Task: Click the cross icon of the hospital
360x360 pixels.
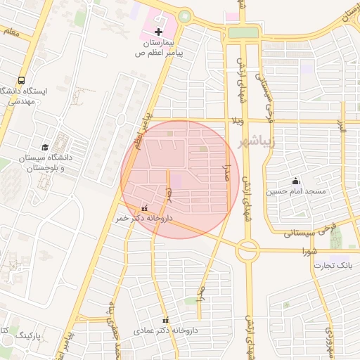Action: [159, 32]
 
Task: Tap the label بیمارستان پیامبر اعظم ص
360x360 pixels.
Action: [159, 48]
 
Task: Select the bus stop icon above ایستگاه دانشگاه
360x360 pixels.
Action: [22, 80]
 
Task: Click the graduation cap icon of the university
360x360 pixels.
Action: [46, 147]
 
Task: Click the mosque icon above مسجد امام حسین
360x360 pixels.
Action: [295, 181]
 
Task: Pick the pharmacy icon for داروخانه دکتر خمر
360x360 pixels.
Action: [145, 208]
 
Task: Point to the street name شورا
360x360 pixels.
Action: [309, 250]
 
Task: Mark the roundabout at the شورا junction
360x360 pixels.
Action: [247, 249]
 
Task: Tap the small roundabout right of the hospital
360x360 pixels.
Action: [185, 16]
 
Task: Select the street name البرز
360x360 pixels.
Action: [342, 127]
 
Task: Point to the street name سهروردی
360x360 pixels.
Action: [329, 342]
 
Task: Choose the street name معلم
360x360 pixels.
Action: [11, 32]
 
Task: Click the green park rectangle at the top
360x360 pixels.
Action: [243, 32]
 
